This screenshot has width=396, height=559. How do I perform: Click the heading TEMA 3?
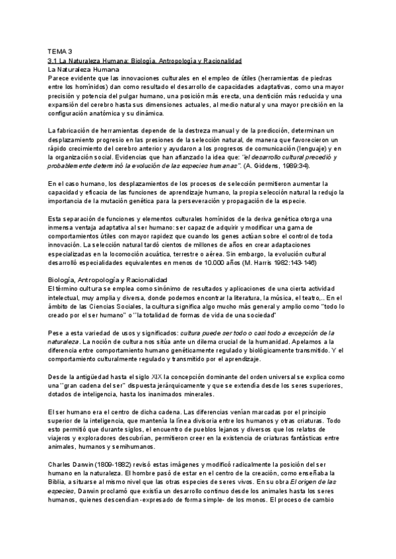click(60, 51)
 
